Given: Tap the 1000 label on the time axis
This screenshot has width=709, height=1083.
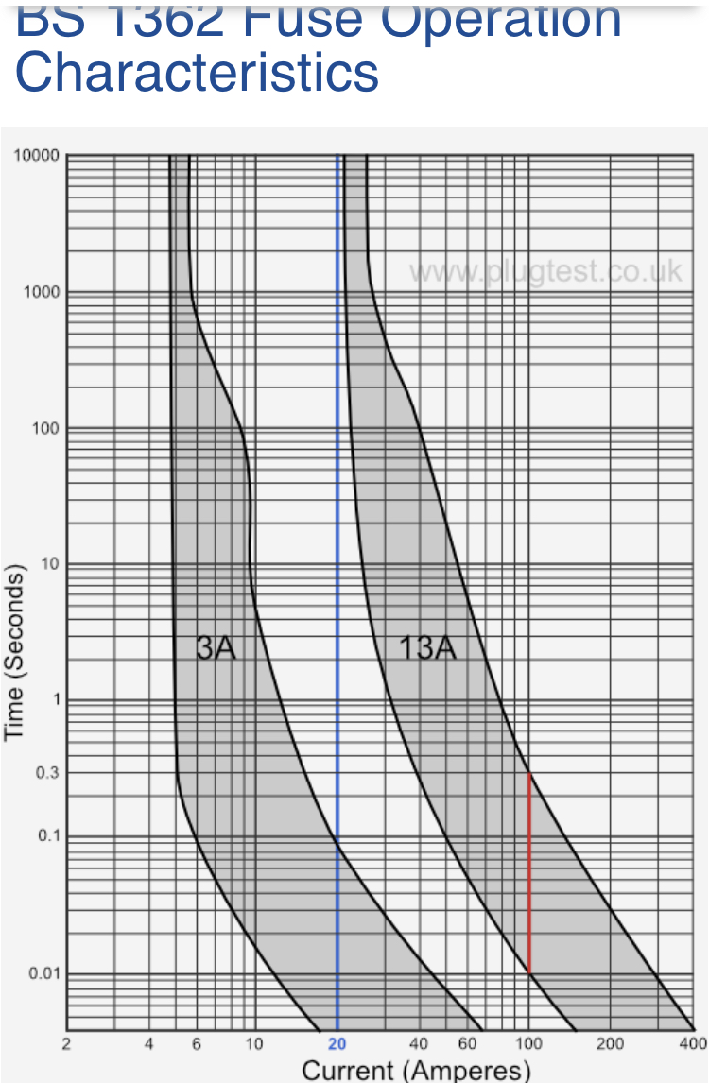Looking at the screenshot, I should [42, 292].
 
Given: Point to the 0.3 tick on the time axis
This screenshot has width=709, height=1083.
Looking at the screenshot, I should [45, 773].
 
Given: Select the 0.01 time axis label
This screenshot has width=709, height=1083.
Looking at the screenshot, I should [43, 973].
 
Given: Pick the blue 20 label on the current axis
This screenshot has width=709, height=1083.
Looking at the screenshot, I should [337, 1043].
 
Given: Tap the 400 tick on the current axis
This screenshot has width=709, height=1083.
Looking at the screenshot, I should [693, 1043].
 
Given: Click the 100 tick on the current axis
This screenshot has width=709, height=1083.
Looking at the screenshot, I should [528, 1043].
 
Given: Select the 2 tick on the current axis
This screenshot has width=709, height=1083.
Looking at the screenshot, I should [66, 1043].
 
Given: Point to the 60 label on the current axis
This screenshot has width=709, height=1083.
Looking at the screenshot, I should [467, 1043].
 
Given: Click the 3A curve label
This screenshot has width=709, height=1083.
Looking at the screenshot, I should [216, 647].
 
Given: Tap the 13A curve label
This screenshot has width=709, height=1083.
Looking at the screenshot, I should [427, 647].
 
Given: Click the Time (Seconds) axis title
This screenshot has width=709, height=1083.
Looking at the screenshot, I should [15, 652].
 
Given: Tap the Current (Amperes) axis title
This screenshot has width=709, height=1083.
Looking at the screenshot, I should [416, 1070].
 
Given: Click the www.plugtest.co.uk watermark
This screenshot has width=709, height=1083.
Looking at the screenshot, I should [545, 272].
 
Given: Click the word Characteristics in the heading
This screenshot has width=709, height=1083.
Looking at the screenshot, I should [197, 72].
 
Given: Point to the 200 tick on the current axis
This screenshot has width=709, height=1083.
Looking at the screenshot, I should [610, 1043].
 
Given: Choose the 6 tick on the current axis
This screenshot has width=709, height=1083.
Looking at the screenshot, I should [196, 1043].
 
